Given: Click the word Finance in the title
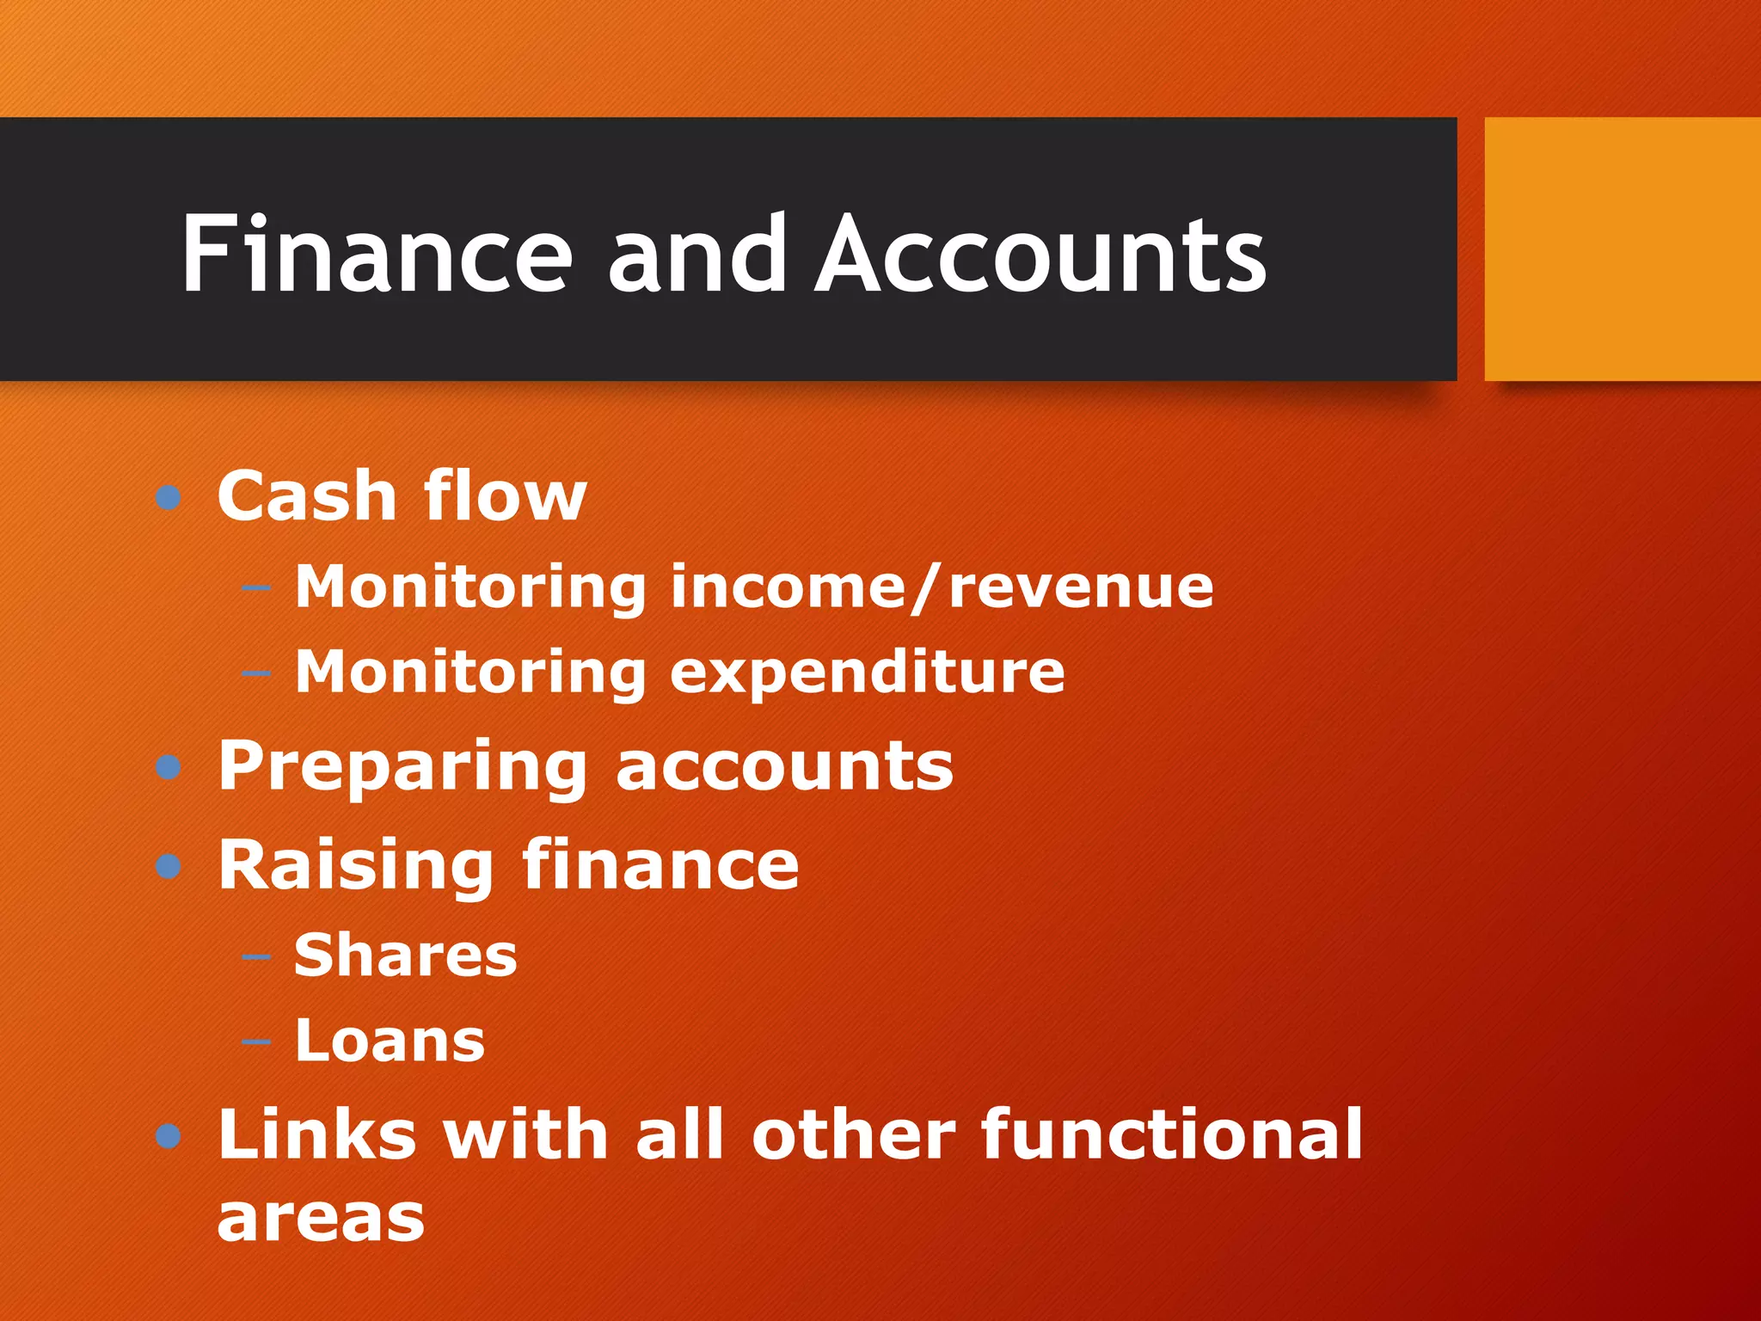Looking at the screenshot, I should (377, 254).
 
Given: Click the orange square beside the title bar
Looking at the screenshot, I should (1622, 249).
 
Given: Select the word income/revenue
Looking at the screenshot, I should (942, 587).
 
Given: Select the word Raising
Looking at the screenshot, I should (355, 864).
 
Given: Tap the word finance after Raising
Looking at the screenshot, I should (660, 864).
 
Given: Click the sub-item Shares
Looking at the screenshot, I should (406, 955).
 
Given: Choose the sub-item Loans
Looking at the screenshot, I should (390, 1041).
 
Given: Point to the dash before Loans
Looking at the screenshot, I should (256, 1042).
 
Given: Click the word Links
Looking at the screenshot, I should (317, 1134).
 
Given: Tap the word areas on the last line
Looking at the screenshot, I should (321, 1219).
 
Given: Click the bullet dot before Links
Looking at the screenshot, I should (169, 1136).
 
